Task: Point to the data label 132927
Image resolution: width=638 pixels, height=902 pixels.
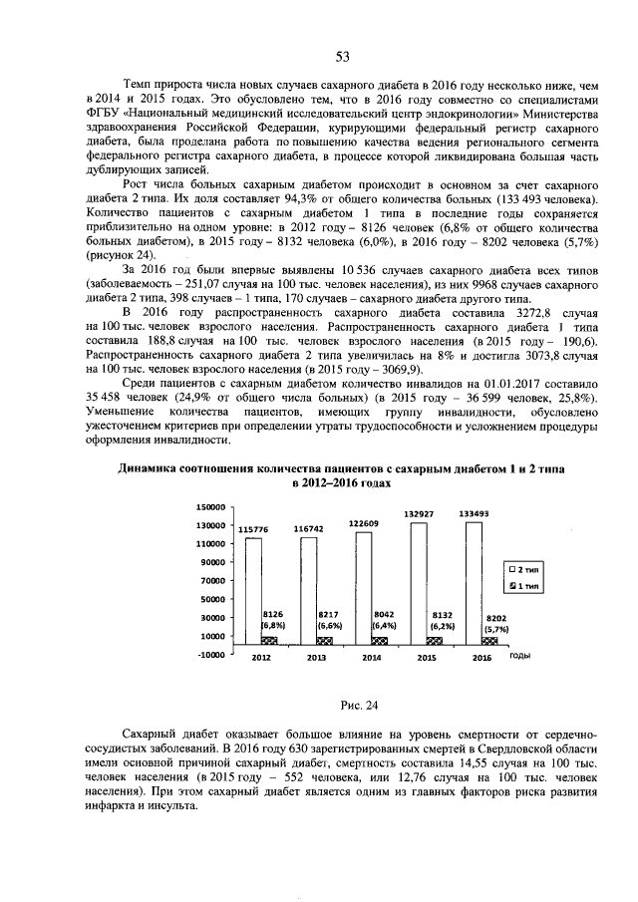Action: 418,513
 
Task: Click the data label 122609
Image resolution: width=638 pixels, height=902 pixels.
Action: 363,523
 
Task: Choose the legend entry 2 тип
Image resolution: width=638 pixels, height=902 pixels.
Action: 526,567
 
